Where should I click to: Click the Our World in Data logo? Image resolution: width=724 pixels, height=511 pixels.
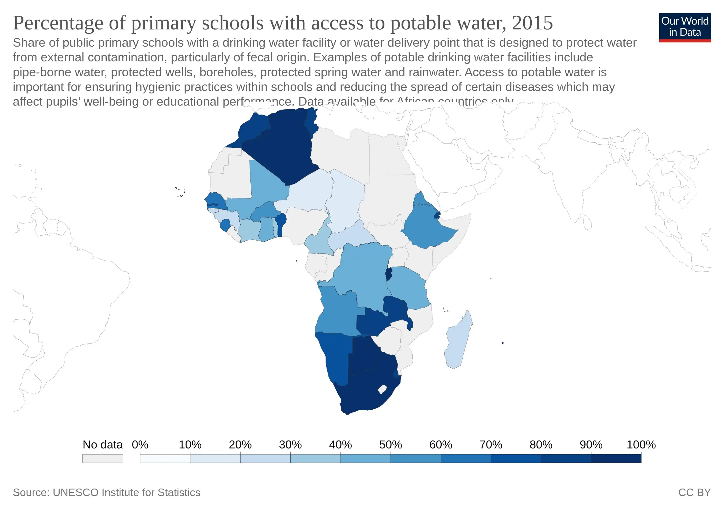pos(685,27)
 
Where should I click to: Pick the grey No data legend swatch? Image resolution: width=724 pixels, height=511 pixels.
pos(103,458)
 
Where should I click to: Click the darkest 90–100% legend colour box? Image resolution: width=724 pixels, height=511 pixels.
pos(616,458)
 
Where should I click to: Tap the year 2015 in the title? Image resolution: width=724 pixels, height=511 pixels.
pos(532,23)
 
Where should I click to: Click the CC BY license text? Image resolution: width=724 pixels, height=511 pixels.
pos(694,492)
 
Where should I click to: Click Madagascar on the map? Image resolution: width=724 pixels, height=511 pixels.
pos(458,342)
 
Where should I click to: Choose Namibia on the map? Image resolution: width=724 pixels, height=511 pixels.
pos(336,357)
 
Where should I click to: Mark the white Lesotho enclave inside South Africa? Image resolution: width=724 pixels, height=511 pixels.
pos(383,389)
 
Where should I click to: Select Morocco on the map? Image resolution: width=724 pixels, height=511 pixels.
pos(252,129)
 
